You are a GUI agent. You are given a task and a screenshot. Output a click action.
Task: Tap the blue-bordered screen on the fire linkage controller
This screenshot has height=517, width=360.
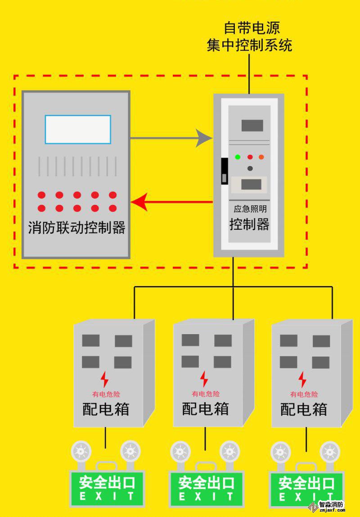point(77,129)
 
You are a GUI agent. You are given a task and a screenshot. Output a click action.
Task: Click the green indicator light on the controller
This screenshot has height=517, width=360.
point(237,157)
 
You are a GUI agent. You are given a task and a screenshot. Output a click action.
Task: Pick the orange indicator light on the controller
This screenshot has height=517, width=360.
point(261,157)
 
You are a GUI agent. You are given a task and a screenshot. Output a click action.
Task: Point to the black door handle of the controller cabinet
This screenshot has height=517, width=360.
point(224,171)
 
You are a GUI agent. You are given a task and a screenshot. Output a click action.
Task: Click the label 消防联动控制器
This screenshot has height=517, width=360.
point(76,227)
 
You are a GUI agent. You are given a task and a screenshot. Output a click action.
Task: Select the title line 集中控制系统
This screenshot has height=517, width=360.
point(249,45)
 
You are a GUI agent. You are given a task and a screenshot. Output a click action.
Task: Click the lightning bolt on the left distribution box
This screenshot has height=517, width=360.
point(104,379)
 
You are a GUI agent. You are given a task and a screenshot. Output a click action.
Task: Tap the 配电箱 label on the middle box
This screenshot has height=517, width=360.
point(205,409)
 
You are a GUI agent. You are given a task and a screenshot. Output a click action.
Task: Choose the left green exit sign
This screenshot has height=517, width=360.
point(107,488)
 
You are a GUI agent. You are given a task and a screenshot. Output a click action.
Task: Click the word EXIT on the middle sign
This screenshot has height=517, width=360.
point(207,497)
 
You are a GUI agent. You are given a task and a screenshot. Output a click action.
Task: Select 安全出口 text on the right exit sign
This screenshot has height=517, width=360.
point(306,484)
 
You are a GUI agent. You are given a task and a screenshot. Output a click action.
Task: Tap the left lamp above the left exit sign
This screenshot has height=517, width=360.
point(81,450)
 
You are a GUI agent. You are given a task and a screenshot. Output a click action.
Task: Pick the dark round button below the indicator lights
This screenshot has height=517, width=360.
point(250,168)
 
